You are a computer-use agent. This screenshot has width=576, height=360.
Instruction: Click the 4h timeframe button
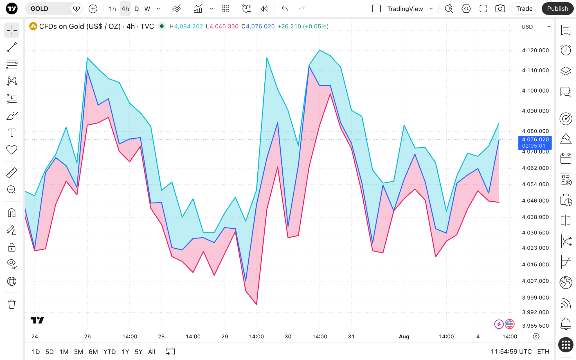tap(125, 9)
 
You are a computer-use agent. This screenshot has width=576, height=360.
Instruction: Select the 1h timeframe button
tap(112, 9)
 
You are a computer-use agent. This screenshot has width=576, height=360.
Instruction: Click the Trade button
tap(524, 9)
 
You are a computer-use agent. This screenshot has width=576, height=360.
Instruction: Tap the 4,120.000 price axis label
tap(535, 50)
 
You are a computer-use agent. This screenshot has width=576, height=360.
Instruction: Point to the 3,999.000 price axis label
tap(535, 298)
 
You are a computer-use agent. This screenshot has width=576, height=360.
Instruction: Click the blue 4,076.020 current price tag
tap(535, 143)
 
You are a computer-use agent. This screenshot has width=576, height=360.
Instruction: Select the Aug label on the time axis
tap(404, 336)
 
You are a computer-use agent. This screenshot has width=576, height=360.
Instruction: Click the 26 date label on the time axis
tap(87, 336)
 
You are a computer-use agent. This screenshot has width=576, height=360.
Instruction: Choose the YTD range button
tap(109, 352)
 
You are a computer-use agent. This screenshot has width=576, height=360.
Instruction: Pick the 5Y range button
tap(139, 352)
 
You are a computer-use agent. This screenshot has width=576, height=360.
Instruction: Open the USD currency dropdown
tap(535, 27)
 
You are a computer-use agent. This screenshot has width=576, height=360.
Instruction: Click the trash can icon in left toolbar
tap(12, 304)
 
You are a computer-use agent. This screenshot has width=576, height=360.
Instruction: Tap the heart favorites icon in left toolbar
tap(12, 150)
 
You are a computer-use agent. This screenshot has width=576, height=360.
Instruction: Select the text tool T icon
tap(12, 133)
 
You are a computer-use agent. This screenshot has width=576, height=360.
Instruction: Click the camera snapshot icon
tap(500, 9)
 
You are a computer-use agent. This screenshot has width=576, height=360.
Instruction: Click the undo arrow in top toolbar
tap(285, 9)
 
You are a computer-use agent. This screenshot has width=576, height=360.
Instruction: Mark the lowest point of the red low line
tap(256, 304)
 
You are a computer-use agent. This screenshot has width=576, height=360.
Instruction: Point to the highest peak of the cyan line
tap(319, 50)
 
